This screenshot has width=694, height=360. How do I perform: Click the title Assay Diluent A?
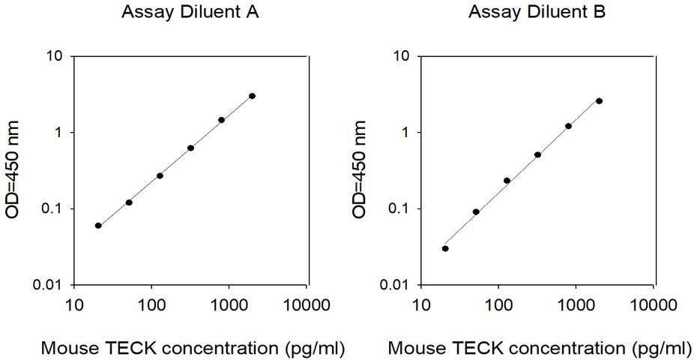190,12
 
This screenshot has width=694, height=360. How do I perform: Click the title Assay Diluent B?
537,12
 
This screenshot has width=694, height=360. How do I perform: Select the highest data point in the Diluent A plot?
253,96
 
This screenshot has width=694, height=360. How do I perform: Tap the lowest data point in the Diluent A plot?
98,226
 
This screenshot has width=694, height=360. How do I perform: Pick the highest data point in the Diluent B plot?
600,101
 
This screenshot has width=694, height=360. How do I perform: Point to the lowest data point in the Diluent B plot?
445,248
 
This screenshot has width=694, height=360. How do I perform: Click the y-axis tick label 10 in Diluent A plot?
54,56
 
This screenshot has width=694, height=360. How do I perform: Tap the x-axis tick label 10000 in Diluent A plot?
307,304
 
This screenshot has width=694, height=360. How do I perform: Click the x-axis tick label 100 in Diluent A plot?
151,304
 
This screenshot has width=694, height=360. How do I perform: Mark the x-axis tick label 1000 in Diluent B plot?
576,304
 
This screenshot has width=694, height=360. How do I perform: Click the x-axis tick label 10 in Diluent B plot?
421,304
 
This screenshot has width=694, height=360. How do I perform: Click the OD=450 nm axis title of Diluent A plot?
12,169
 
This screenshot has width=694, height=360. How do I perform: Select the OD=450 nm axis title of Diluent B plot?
359,169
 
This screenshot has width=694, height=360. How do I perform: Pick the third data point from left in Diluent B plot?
507,180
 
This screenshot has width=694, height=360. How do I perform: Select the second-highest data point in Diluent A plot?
221,119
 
